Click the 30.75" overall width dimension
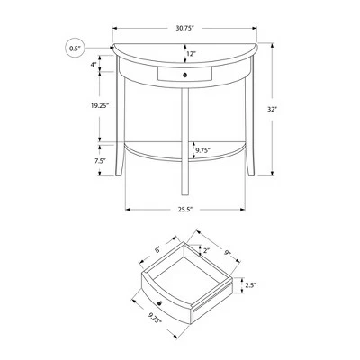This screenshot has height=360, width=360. coord(184,28)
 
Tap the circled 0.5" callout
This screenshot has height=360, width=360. coord(74,48)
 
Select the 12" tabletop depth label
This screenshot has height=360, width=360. coord(191,54)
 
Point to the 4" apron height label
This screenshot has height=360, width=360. coord(94,64)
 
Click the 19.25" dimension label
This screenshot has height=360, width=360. coord(100,105)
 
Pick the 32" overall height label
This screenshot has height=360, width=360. coord(272,110)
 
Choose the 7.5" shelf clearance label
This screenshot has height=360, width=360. coord(100,160)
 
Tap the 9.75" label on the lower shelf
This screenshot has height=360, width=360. coord(203,149)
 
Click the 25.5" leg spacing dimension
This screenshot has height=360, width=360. coord(184,210)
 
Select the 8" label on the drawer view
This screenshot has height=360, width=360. coord(158,248)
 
